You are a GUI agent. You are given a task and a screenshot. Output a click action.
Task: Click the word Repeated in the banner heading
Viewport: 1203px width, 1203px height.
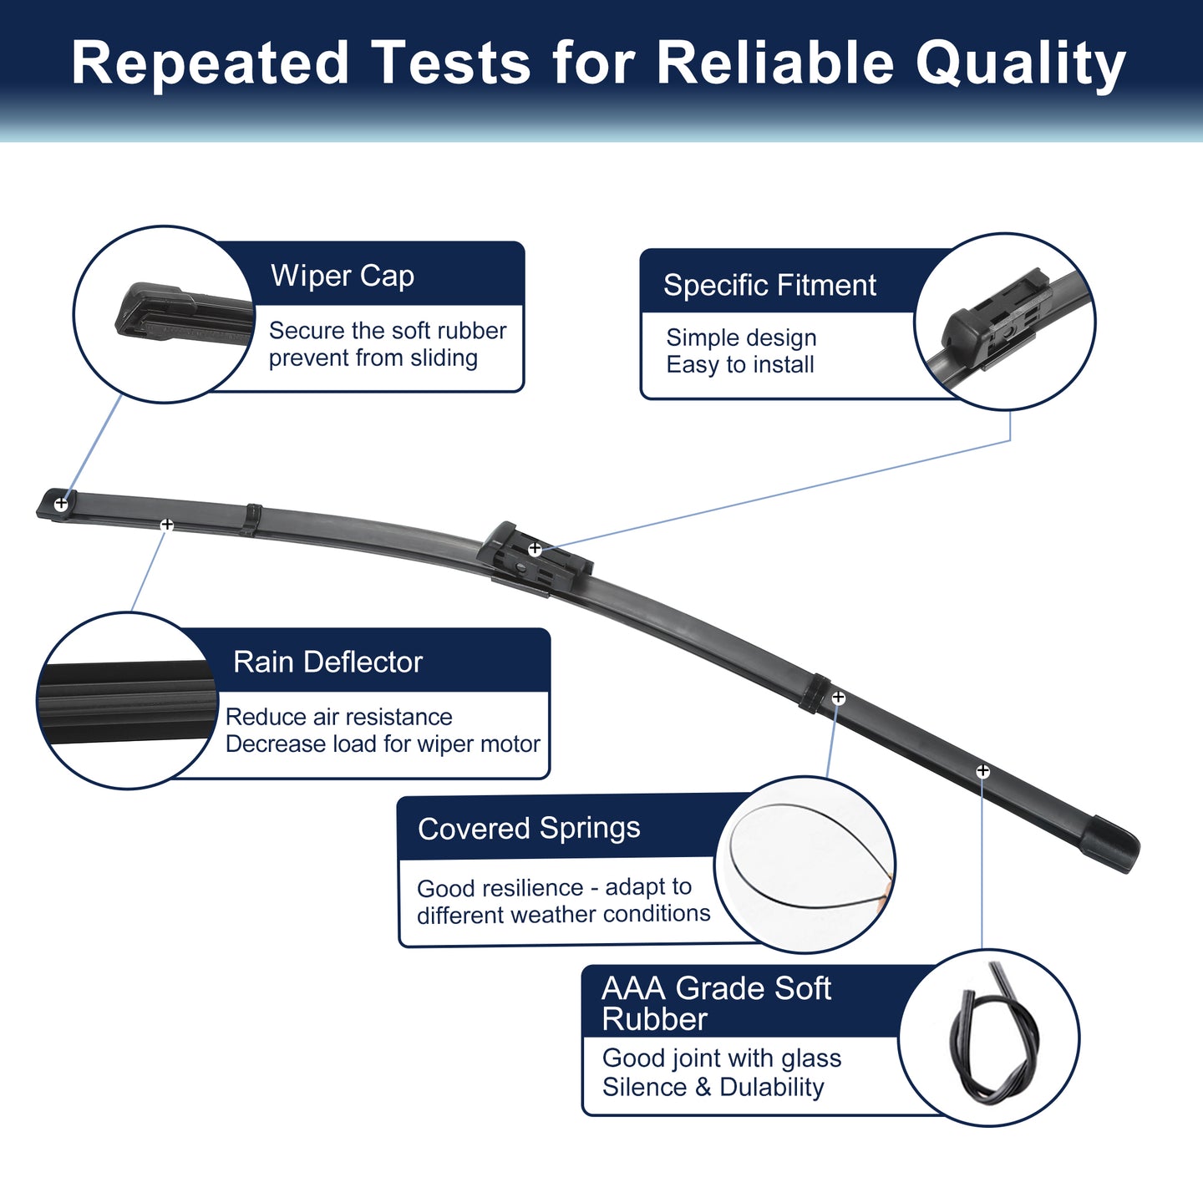210,63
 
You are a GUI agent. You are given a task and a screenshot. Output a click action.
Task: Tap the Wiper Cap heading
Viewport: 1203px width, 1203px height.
343,276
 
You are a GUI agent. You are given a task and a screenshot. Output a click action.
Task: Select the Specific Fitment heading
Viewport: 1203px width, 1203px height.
769,286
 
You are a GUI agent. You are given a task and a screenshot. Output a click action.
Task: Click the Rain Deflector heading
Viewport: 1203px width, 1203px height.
327,662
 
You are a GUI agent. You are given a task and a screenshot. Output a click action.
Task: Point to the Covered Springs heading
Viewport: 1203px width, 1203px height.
529,829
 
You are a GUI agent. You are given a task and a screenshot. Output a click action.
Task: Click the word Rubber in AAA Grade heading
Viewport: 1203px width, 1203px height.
654,1019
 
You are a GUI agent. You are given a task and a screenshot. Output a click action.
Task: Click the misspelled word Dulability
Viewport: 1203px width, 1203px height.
772,1087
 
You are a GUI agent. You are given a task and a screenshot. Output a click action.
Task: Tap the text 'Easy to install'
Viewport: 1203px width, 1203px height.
740,364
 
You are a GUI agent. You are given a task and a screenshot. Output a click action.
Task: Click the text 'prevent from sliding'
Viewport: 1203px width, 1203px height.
373,358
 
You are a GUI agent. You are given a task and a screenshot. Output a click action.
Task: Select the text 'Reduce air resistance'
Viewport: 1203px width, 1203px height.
338,717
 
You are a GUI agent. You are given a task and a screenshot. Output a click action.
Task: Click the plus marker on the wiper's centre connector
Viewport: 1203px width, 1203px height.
535,549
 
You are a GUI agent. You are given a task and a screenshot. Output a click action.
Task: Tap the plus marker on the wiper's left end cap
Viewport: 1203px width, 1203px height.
61,503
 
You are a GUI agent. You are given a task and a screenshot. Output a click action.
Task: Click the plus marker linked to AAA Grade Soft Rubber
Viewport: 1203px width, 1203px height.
982,771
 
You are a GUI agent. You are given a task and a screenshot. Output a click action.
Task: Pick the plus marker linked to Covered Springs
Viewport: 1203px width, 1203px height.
839,698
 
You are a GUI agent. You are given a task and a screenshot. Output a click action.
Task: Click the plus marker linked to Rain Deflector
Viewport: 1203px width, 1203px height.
167,525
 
